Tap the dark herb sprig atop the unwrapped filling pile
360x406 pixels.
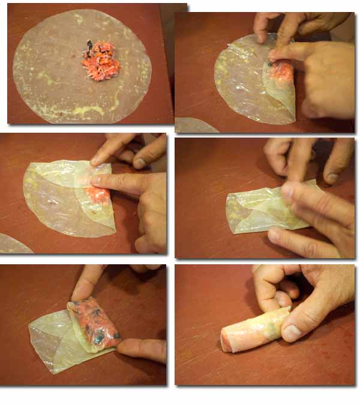point(89,46)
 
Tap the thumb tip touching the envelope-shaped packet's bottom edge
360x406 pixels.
point(275,235)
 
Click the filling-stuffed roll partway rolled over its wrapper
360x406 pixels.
point(93,324)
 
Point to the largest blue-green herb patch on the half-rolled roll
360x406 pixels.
point(97,338)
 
